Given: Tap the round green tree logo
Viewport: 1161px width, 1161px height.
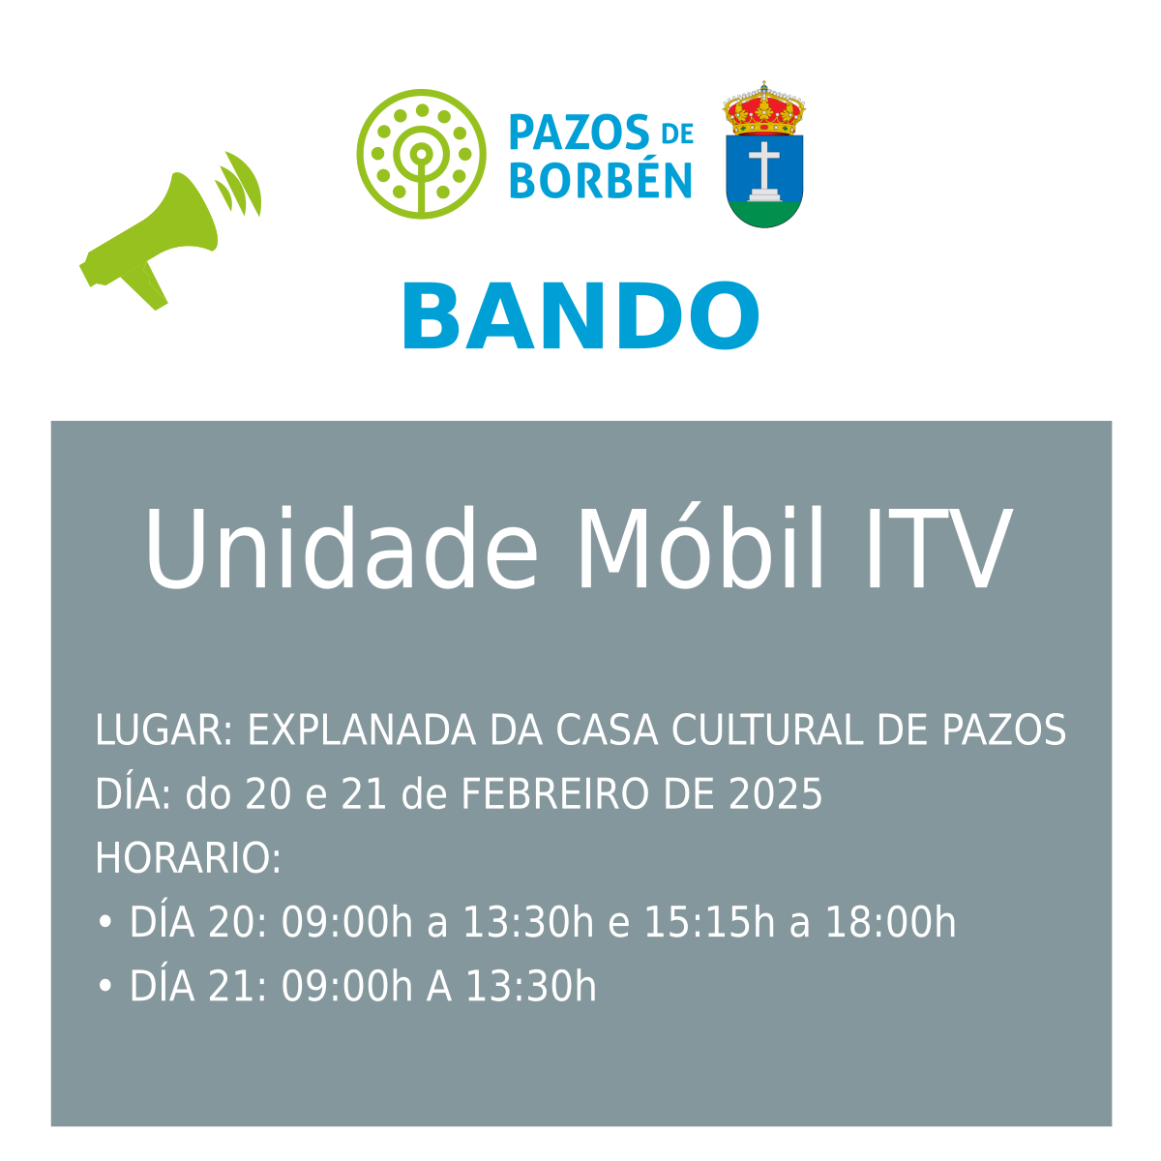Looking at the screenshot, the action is (x=421, y=154).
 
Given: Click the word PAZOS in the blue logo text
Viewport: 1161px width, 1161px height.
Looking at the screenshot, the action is (x=580, y=133).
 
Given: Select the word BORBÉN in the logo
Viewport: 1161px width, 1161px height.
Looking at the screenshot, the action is (x=601, y=177).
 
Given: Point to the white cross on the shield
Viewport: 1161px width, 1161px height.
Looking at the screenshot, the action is (x=764, y=171).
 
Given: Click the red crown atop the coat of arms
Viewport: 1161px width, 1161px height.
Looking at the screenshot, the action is (x=764, y=108).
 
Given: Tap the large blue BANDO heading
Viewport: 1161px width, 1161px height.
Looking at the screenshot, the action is (x=580, y=315).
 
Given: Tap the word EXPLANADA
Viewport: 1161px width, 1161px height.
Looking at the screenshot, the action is (x=362, y=730).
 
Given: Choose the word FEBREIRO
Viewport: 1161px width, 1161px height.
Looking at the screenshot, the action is (x=555, y=793).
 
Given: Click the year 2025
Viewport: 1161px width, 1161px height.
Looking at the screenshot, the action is (x=775, y=793).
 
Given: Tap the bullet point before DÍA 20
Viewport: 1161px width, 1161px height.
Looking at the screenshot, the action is (x=104, y=922).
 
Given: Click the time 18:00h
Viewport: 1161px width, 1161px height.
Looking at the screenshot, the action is (x=890, y=922).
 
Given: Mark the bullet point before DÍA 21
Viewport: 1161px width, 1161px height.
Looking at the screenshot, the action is (x=104, y=986).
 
